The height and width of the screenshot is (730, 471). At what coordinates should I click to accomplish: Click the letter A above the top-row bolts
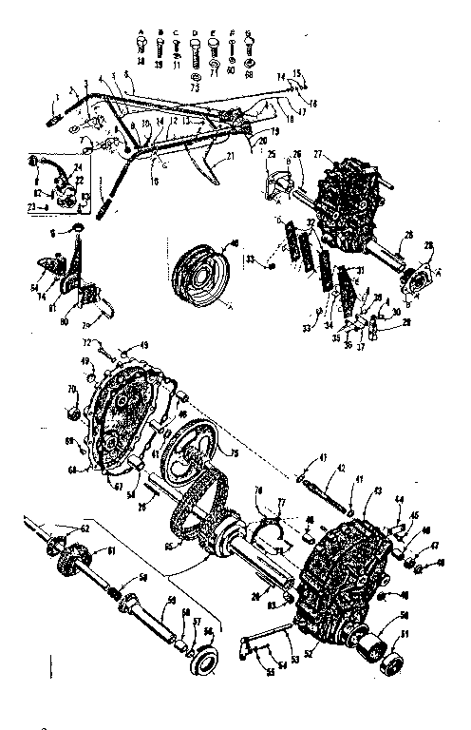[x=141, y=32]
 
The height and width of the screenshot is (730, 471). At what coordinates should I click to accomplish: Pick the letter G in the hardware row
[x=249, y=32]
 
